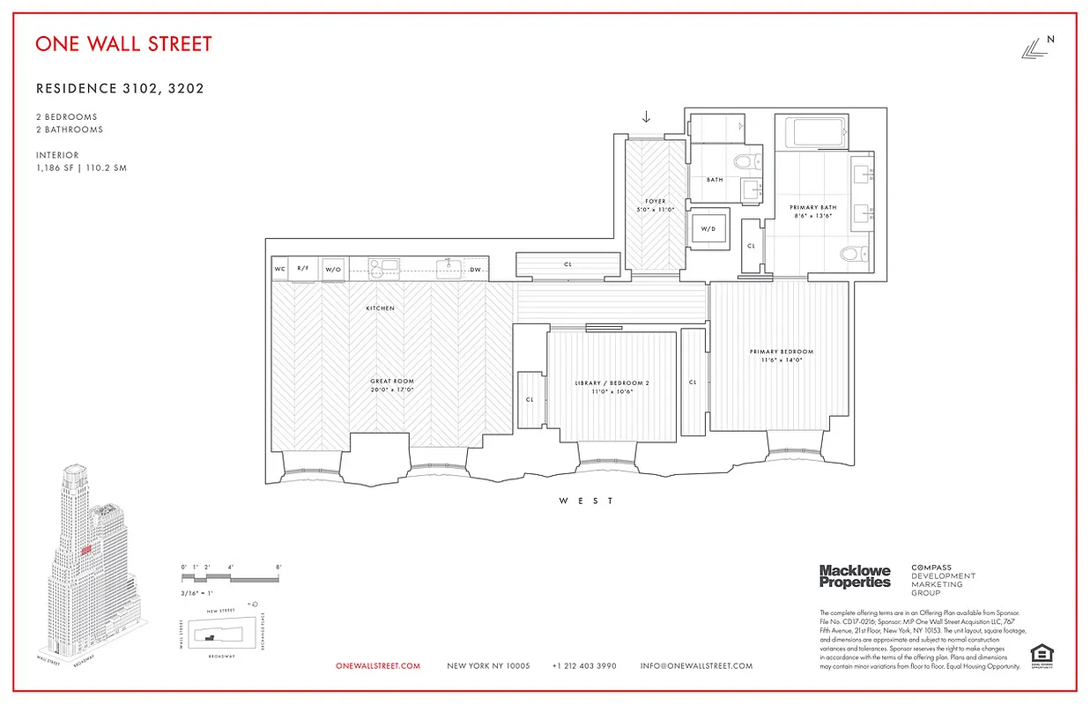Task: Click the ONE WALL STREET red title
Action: pos(123,43)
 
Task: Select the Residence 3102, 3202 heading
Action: pos(121,88)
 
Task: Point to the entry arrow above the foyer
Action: pos(646,117)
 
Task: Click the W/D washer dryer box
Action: pos(708,229)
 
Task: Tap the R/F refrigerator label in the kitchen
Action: pos(303,269)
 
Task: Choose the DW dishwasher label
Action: pos(475,270)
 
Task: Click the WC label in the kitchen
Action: pos(279,269)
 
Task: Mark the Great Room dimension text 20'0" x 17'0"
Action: pos(392,390)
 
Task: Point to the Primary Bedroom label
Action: pos(782,352)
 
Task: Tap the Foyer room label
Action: pos(655,201)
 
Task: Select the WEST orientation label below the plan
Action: pos(587,501)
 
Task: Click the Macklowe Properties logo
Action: pos(855,576)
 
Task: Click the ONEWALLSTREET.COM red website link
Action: pos(378,666)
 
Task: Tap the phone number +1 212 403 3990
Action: pos(584,666)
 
